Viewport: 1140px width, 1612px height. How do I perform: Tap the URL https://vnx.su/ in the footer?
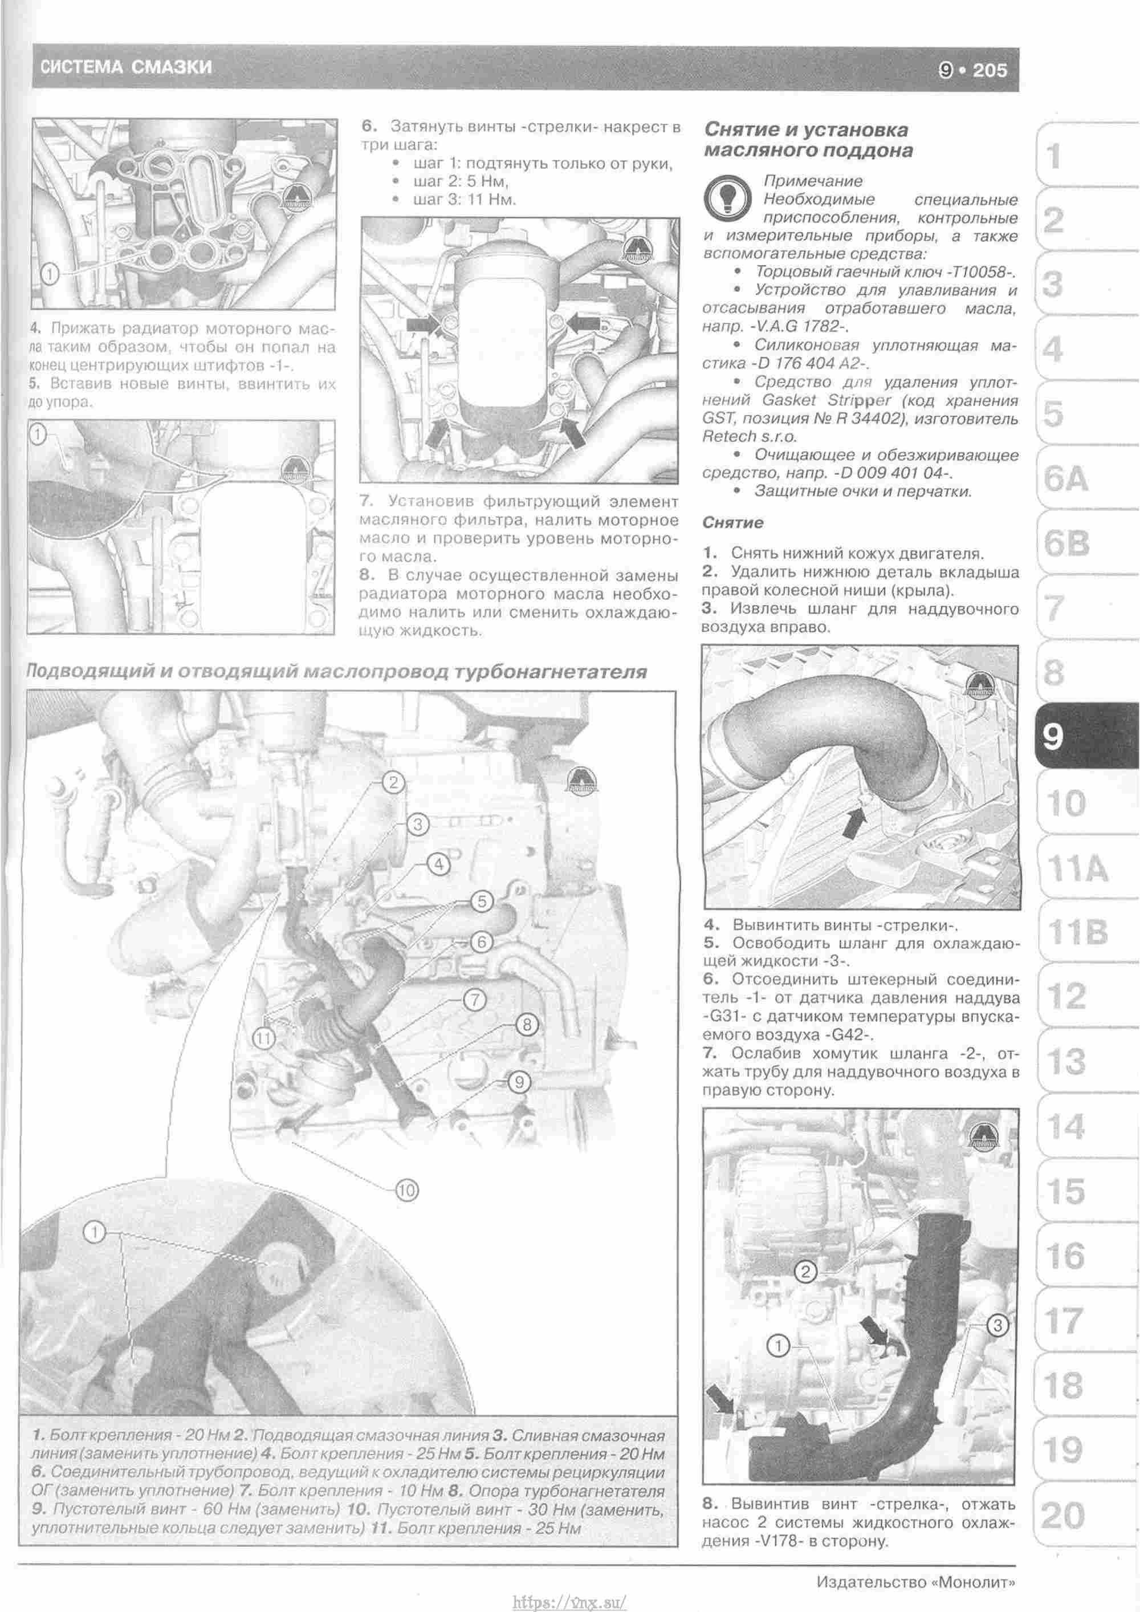pyautogui.click(x=569, y=1599)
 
